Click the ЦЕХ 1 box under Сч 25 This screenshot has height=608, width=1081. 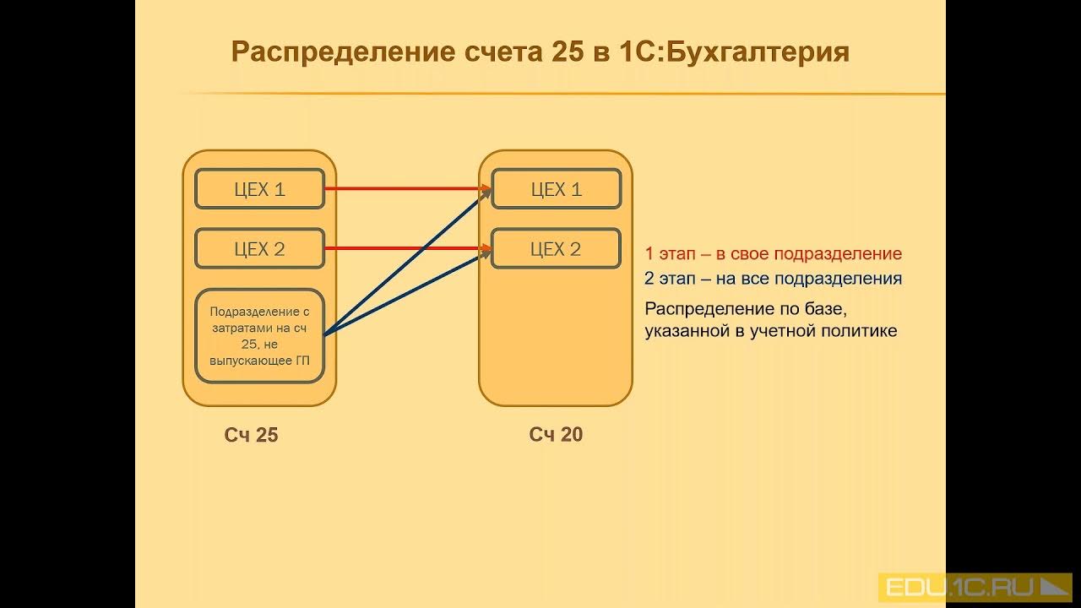[259, 189]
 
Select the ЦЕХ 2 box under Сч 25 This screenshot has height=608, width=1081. [259, 249]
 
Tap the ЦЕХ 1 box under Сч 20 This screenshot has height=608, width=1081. [556, 189]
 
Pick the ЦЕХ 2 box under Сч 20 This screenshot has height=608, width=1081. [556, 249]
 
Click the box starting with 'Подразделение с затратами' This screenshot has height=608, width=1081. [259, 335]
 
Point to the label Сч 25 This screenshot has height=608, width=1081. [251, 435]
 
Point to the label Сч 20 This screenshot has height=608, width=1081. [556, 435]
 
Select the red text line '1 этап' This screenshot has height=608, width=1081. [773, 253]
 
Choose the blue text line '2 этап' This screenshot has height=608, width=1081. [773, 278]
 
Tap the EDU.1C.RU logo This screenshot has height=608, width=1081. [975, 587]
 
